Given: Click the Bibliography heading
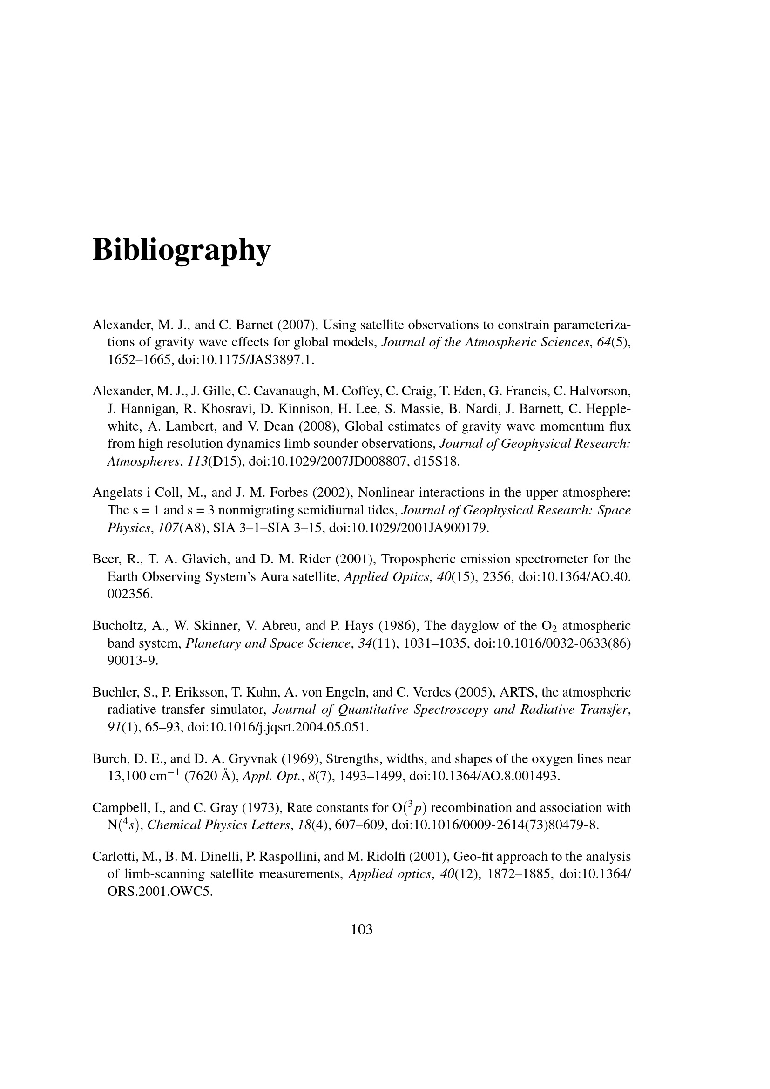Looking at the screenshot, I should pyautogui.click(x=181, y=250).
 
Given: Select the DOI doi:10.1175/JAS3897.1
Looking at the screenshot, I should pyautogui.click(x=246, y=360).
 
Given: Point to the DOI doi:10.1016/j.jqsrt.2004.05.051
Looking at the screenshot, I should pyautogui.click(x=278, y=727).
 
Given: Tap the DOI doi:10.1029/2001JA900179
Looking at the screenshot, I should pyautogui.click(x=408, y=528).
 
